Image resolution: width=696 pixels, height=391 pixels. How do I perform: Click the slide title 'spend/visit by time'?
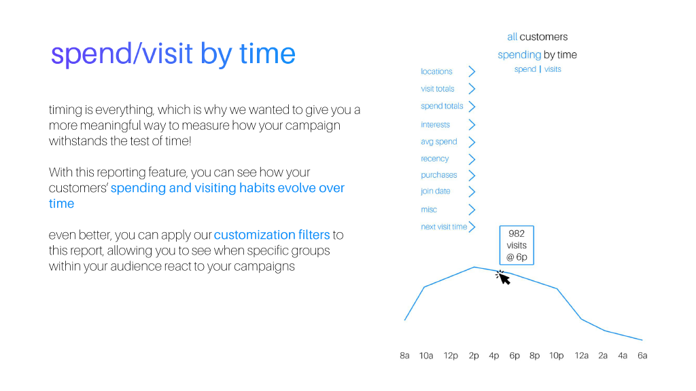173,54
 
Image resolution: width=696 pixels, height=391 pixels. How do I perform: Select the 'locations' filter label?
436,71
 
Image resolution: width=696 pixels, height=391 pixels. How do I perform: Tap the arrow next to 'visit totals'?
472,89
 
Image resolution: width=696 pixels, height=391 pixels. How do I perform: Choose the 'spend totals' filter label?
442,107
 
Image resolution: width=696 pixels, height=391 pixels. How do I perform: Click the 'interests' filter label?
435,125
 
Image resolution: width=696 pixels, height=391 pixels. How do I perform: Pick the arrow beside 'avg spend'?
472,142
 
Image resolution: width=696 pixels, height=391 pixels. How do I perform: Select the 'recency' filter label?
434,159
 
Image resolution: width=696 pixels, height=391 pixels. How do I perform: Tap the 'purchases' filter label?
438,175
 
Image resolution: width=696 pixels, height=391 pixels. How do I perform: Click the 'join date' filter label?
435,191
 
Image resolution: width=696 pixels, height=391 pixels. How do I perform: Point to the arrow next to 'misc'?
472,210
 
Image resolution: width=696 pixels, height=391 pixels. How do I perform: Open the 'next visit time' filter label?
444,227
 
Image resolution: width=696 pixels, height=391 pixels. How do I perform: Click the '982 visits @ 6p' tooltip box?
517,245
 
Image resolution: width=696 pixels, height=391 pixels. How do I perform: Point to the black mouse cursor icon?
504,277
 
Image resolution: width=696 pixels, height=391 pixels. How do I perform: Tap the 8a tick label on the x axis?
404,356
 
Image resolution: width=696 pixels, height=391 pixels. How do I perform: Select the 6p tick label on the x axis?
515,356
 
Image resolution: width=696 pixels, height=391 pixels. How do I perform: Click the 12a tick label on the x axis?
581,356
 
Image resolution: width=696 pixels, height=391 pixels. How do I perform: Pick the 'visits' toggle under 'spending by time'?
553,69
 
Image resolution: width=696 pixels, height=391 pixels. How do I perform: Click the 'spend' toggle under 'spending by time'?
525,69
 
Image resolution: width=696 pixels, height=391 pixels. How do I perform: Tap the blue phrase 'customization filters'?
272,235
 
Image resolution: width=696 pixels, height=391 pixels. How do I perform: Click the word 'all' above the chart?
512,37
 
